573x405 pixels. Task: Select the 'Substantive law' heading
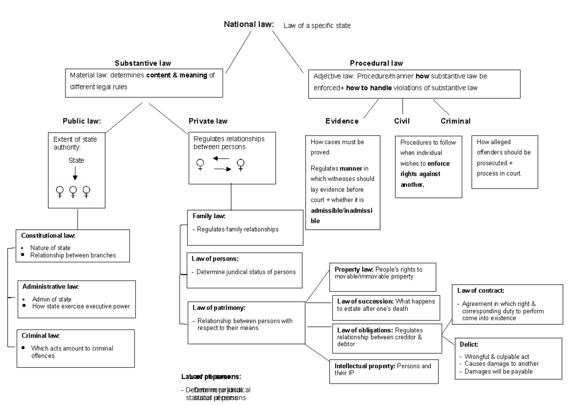pyautogui.click(x=143, y=63)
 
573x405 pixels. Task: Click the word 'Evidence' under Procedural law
pyautogui.click(x=342, y=121)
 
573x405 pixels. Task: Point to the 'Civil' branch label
pyautogui.click(x=402, y=121)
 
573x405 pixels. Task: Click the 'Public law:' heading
pyautogui.click(x=81, y=121)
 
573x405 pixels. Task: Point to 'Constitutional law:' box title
pyautogui.click(x=49, y=235)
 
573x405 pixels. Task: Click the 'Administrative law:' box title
pyautogui.click(x=50, y=287)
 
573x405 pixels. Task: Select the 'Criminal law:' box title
pyautogui.click(x=40, y=336)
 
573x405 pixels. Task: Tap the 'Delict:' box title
pyautogui.click(x=466, y=343)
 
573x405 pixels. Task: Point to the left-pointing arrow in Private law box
pyautogui.click(x=221, y=158)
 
